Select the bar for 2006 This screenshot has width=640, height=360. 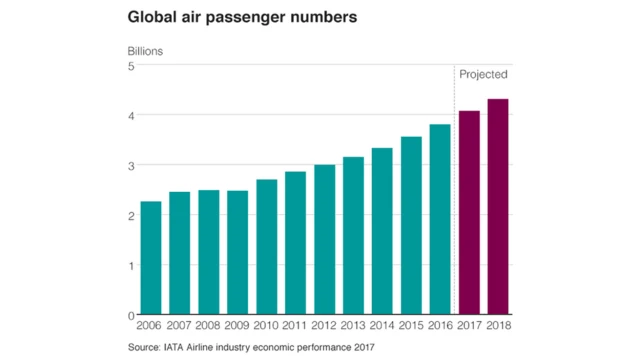pos(151,258)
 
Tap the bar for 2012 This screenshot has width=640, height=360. pos(325,240)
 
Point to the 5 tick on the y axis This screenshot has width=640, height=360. pos(129,66)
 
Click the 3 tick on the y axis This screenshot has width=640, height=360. pos(129,165)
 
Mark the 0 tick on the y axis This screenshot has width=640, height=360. pos(129,315)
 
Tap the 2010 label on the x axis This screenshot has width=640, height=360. pos(267,327)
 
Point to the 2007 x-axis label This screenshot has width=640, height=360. pos(180,327)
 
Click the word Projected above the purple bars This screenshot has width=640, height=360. pos(483,75)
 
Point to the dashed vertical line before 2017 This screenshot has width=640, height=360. pos(455,200)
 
